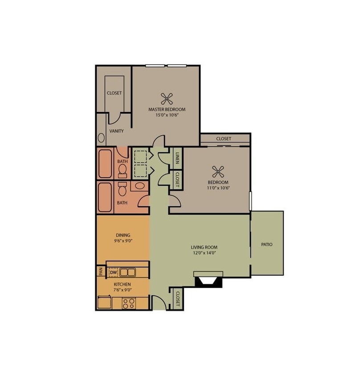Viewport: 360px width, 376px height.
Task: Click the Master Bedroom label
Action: [x=167, y=109]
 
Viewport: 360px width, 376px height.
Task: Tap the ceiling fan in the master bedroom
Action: [x=167, y=98]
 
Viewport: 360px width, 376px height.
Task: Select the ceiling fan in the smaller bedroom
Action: [x=218, y=171]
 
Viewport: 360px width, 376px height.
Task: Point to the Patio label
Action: [x=267, y=245]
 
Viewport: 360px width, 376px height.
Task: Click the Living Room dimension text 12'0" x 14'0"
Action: [x=204, y=253]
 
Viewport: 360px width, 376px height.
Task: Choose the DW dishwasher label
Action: [x=113, y=272]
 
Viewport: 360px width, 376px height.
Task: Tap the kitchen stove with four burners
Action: [x=129, y=303]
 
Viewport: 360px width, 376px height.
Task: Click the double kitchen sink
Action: [x=128, y=272]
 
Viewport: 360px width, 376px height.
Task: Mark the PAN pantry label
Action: [x=101, y=271]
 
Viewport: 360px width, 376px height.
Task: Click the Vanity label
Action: [x=117, y=131]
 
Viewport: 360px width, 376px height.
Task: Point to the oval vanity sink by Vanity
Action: [x=101, y=138]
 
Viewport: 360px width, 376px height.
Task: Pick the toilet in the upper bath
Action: [x=122, y=170]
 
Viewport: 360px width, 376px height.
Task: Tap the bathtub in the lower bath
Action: [x=105, y=197]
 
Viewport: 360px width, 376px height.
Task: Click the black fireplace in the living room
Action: [x=208, y=281]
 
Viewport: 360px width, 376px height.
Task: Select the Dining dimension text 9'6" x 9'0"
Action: [x=123, y=241]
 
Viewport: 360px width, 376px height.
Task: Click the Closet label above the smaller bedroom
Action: [x=224, y=139]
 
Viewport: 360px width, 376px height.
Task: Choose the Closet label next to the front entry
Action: [x=177, y=298]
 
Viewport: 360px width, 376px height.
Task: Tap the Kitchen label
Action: [x=122, y=284]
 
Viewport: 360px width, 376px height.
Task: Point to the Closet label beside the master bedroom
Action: [x=114, y=93]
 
